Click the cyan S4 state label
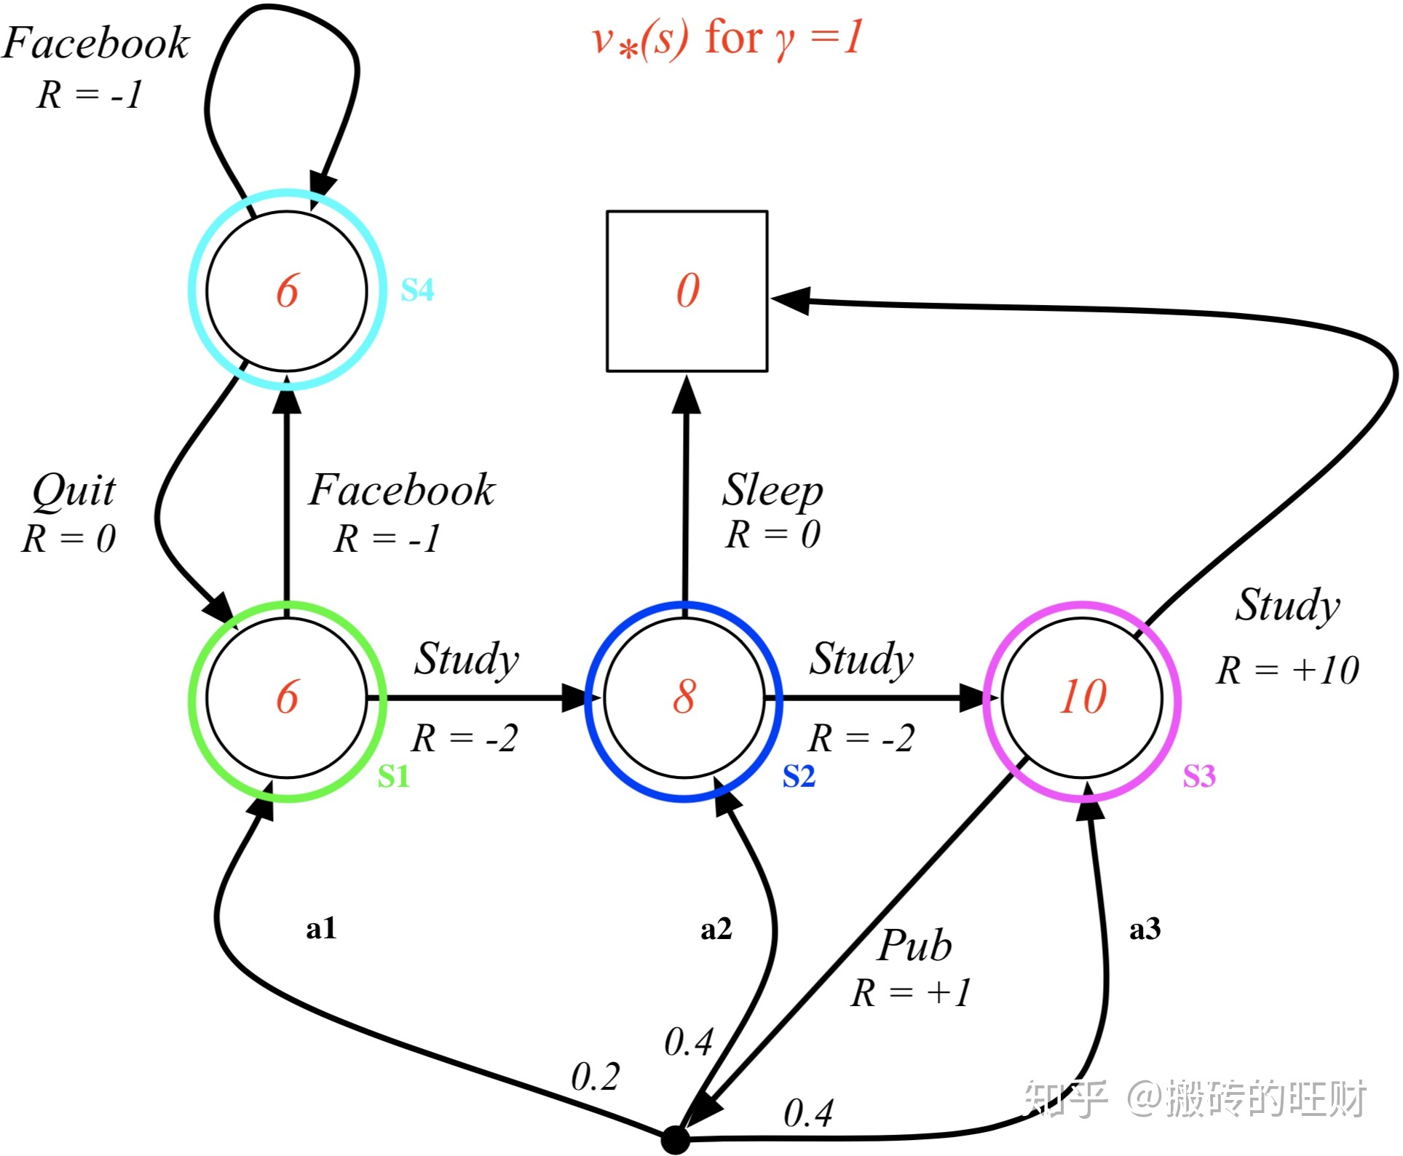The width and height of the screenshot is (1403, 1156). (x=417, y=290)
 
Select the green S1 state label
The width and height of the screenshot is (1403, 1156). (x=393, y=777)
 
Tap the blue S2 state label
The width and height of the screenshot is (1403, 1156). (x=798, y=777)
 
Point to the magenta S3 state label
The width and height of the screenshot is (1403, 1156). (x=1198, y=777)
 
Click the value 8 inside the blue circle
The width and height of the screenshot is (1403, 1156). (x=684, y=697)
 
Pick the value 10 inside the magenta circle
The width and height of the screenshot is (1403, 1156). (x=1083, y=697)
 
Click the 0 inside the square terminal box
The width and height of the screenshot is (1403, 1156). (x=687, y=290)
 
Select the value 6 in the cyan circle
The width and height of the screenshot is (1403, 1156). (x=287, y=290)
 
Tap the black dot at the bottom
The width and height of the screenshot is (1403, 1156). (x=675, y=1139)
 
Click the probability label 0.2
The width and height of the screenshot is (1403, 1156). (x=595, y=1076)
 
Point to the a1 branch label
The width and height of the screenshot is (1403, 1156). (x=320, y=929)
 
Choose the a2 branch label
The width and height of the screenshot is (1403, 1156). (x=716, y=929)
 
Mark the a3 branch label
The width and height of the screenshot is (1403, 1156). (x=1145, y=929)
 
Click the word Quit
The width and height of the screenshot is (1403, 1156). (x=74, y=491)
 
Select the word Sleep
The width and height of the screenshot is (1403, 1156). (x=772, y=491)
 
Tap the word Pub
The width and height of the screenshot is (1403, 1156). (x=914, y=946)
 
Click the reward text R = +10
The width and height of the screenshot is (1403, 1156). (x=1287, y=670)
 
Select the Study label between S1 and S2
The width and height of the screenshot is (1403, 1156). (x=467, y=660)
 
